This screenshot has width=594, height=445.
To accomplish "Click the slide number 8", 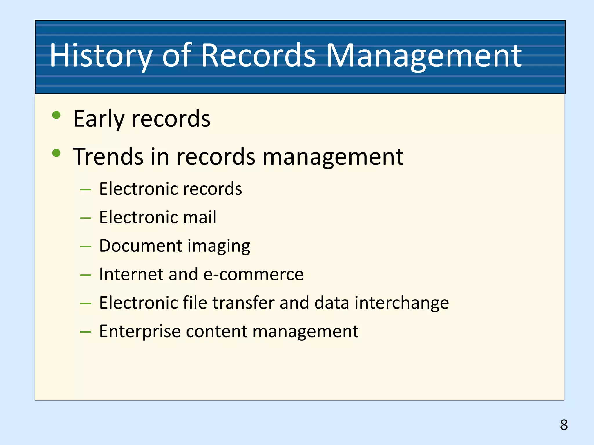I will click(x=564, y=425).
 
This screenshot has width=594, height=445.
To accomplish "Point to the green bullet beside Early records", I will click(x=56, y=115).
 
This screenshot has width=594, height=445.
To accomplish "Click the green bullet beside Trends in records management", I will click(x=56, y=153).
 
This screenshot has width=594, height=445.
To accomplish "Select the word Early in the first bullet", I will click(x=99, y=119).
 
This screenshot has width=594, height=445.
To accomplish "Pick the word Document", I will click(x=141, y=246).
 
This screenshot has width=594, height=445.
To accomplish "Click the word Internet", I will click(x=131, y=274).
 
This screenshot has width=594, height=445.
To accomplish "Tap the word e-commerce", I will click(x=253, y=274).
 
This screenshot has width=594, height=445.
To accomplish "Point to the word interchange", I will click(x=402, y=303).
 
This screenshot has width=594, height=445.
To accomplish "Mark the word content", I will click(x=216, y=331).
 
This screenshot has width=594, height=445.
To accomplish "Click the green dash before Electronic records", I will click(x=86, y=190).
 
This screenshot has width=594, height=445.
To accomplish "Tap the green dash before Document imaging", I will click(x=86, y=247).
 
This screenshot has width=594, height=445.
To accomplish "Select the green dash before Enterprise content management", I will click(x=86, y=332).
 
